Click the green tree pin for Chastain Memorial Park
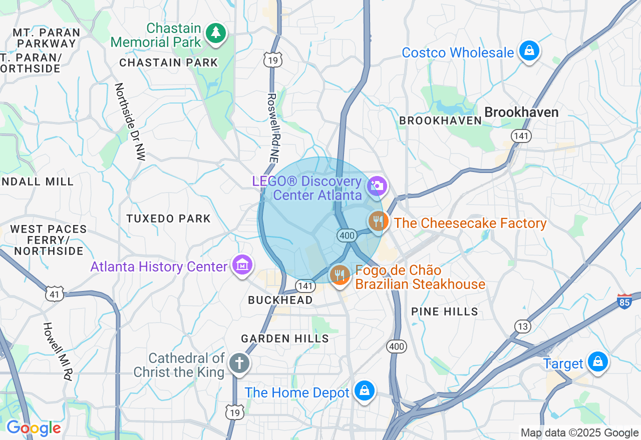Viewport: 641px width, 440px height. coord(216,33)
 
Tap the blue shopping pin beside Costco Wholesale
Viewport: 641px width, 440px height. coord(529,50)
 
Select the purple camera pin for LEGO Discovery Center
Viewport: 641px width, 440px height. coord(377,186)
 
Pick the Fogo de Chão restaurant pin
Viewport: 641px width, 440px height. coord(340,274)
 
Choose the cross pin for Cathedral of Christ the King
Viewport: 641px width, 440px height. coord(239,363)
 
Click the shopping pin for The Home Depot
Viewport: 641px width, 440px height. coord(365,390)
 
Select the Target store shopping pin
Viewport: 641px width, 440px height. coord(597,361)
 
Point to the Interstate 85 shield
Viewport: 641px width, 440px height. coord(624,301)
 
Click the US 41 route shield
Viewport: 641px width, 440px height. coord(54,294)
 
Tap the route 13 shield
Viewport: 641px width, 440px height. coord(523,326)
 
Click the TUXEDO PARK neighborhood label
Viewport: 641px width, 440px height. coord(169,218)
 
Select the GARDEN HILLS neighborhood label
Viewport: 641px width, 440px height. coord(285,338)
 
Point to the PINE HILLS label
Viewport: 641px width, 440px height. coord(445,311)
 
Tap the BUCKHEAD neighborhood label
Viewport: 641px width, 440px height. coord(280,299)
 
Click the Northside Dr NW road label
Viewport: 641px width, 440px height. coord(129,121)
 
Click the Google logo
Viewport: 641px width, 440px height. coord(34,428)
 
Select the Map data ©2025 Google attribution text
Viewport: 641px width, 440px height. coord(579,433)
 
